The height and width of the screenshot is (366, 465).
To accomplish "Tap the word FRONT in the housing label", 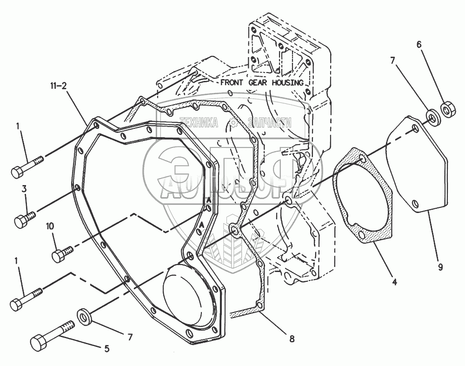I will click(231, 83).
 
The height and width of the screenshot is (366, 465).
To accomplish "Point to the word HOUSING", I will click(288, 83).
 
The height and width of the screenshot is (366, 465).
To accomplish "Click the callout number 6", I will click(418, 44).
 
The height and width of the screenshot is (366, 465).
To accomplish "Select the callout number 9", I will click(440, 267).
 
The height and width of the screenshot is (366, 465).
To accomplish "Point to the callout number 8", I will click(292, 339).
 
